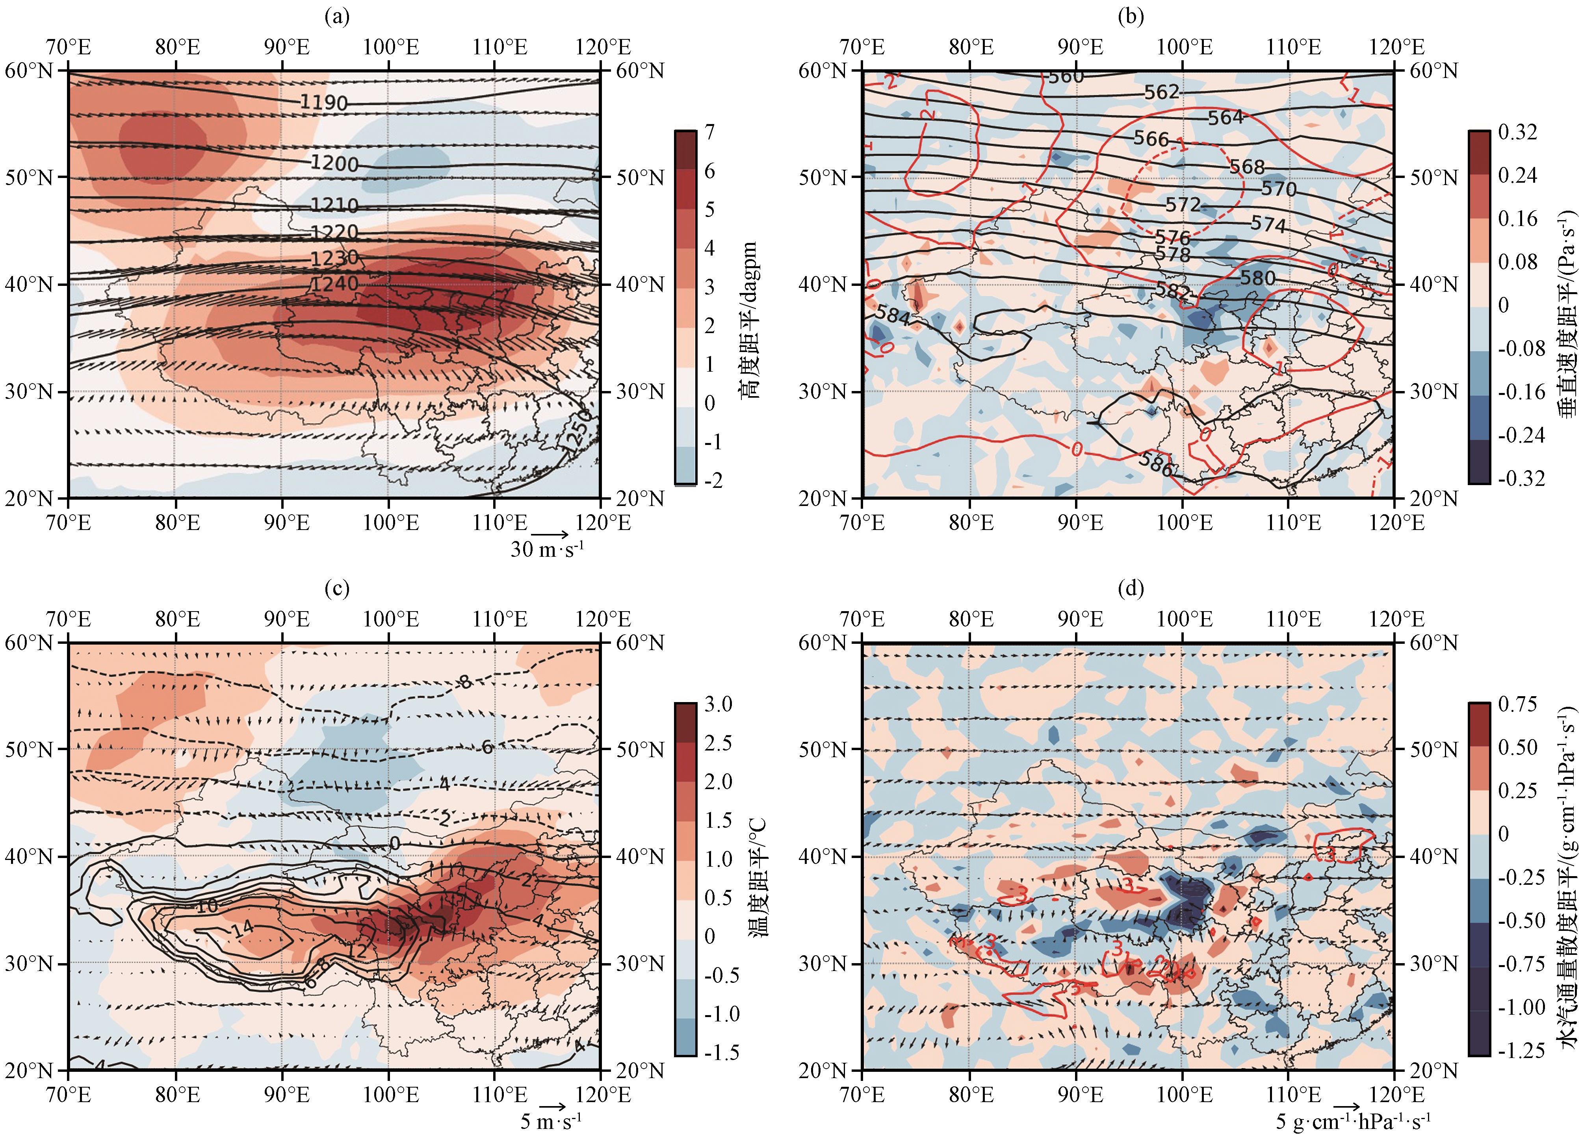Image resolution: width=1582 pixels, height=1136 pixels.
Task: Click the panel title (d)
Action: click(1130, 589)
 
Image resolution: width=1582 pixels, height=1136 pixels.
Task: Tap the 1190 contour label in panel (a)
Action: click(324, 102)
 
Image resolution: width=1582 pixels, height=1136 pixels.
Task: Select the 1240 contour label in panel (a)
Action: click(335, 284)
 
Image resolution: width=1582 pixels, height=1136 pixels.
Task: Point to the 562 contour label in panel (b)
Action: click(1161, 91)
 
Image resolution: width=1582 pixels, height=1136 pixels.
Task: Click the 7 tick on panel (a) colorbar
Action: click(709, 132)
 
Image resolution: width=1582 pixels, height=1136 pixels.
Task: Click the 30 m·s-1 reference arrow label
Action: click(547, 550)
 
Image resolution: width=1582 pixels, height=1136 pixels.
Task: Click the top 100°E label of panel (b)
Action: click(1184, 47)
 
